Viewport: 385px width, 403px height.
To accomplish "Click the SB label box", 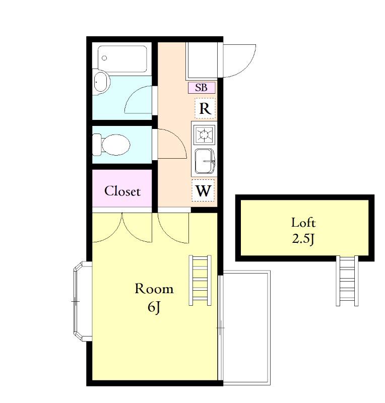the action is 202,88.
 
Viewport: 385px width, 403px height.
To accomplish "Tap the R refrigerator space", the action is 205,108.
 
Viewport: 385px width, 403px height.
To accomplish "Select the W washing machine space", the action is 203,190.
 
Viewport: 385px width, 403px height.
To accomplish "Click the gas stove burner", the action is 204,134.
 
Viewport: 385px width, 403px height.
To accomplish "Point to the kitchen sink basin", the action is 205,161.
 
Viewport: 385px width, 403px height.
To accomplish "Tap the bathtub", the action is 122,59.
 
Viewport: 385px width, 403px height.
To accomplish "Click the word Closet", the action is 122,191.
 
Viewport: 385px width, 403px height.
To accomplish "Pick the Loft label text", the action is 303,223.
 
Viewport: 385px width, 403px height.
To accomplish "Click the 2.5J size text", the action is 303,239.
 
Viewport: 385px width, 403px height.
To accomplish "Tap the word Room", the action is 154,289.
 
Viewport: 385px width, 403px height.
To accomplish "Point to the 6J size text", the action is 154,307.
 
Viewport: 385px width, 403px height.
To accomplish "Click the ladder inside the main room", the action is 200,280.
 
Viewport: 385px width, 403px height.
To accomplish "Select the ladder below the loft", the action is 347,281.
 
